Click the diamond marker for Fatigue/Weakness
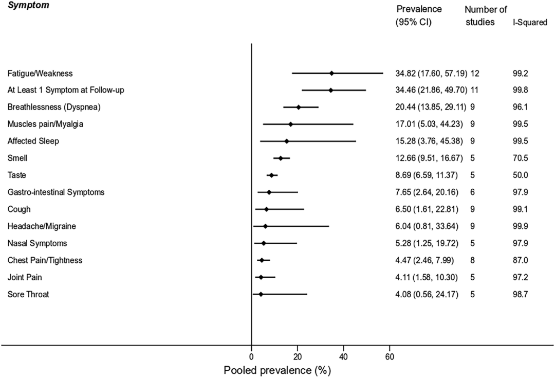tap(331, 73)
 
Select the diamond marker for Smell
tap(281, 158)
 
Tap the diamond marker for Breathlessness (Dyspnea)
tap(299, 107)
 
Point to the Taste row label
tap(17, 175)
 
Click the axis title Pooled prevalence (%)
tap(277, 370)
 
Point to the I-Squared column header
tap(530, 23)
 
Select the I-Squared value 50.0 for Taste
tap(521, 175)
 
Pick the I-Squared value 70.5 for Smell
tap(521, 158)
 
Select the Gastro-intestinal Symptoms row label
tap(56, 192)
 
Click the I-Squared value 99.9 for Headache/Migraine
tap(521, 226)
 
